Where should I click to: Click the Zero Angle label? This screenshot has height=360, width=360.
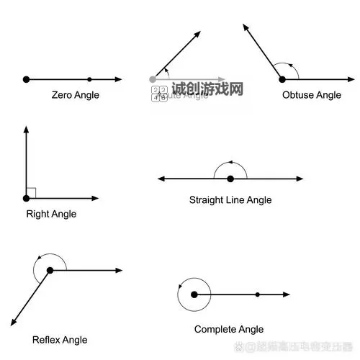tap(76, 95)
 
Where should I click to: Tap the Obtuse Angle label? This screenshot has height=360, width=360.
tap(312, 95)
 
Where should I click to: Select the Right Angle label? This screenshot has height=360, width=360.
tap(51, 214)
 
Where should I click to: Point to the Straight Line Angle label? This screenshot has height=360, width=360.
tap(230, 200)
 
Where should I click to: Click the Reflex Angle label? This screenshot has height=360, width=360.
tap(60, 340)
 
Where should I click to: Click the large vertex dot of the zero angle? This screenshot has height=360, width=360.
tap(26, 79)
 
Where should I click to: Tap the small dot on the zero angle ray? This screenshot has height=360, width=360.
tap(89, 79)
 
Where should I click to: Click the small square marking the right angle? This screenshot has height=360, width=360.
tap(31, 193)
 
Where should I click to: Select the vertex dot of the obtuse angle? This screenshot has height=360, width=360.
tap(282, 78)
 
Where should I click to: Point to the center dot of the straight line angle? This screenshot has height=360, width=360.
tap(230, 179)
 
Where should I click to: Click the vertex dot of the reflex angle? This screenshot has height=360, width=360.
tap(50, 271)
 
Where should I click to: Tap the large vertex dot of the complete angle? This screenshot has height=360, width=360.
tap(194, 294)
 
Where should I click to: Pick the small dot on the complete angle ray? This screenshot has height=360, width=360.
tap(258, 294)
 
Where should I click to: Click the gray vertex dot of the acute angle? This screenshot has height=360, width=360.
tap(152, 78)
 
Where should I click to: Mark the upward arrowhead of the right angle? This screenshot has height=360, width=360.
tap(26, 130)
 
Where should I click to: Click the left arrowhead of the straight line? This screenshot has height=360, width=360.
tap(161, 179)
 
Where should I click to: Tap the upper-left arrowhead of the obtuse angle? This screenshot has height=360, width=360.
tap(246, 27)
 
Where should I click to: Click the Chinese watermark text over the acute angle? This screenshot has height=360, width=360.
tap(207, 89)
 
